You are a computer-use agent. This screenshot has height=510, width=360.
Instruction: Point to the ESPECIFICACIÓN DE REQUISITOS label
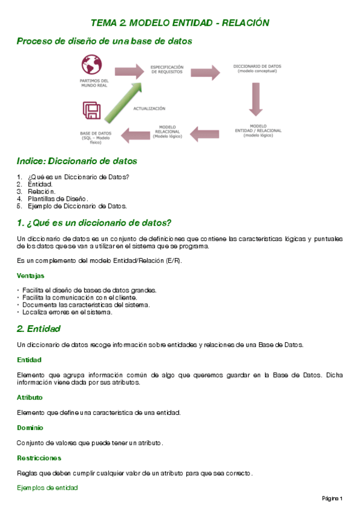coord(166,69)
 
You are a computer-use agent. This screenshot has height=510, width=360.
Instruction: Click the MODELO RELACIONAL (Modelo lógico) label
coord(166,132)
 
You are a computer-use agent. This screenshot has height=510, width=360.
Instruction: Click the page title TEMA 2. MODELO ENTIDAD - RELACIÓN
coord(180,23)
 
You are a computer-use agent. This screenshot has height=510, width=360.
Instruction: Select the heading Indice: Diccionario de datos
coord(77,161)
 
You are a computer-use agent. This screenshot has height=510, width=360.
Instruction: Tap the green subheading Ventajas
coord(31,275)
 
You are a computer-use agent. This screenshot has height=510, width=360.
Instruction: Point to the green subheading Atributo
coord(29,398)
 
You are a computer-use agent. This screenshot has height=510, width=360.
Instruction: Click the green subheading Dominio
coord(29,428)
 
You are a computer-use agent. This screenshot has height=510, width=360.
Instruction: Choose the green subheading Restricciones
coord(39,458)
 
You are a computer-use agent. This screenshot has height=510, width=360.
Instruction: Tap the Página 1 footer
coord(332,499)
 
